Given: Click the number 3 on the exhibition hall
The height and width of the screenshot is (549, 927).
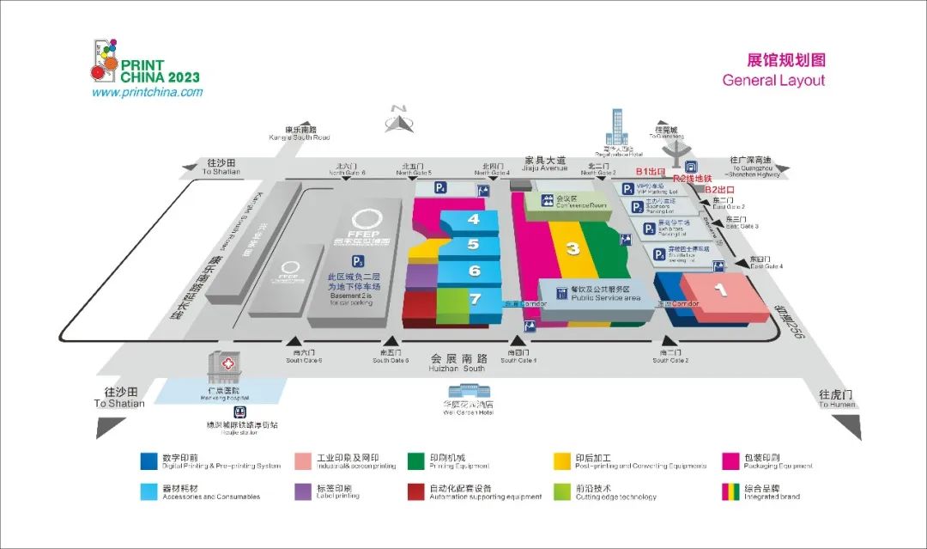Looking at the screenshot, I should point(573,249).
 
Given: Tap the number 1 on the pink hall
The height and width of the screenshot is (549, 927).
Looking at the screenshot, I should point(721,290).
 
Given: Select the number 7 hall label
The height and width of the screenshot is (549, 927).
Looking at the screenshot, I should point(475,298).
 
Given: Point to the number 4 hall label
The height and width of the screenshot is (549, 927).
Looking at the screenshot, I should point(473,219).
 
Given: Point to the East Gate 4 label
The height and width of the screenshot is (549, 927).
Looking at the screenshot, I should point(766,262).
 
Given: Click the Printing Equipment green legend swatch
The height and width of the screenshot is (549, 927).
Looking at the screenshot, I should point(416,461).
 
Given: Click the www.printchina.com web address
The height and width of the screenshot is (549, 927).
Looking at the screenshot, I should point(147,92).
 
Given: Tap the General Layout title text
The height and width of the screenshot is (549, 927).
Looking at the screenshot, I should point(772,81).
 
